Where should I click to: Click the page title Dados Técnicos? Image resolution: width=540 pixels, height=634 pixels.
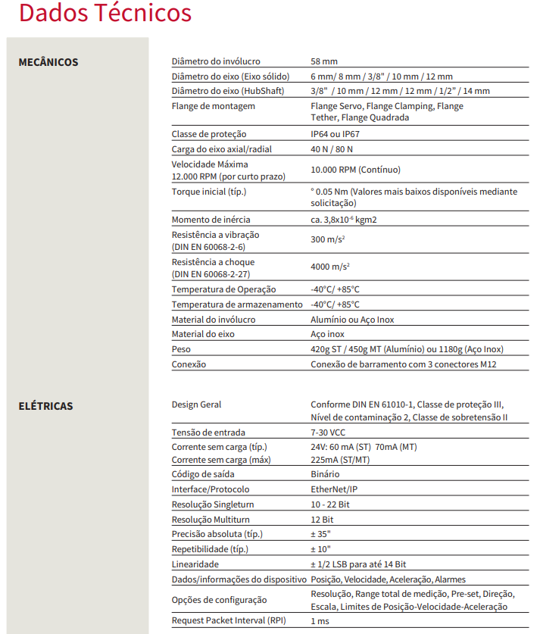(x=105, y=14)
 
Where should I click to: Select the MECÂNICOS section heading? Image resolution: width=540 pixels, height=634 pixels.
(x=48, y=62)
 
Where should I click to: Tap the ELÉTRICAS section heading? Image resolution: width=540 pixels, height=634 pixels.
(x=46, y=406)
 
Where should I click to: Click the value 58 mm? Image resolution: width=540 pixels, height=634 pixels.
(x=324, y=61)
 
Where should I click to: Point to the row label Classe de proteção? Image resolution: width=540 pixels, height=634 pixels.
(x=204, y=134)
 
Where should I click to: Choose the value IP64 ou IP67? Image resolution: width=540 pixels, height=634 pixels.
(x=336, y=134)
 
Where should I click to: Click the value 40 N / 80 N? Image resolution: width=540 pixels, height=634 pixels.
(x=332, y=148)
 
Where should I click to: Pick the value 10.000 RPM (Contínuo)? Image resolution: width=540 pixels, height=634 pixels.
(x=356, y=170)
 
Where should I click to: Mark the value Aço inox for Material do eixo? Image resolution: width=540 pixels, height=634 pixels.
(x=327, y=334)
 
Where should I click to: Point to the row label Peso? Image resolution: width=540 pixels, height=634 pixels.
(x=181, y=349)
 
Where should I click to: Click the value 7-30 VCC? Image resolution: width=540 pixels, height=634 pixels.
(x=328, y=433)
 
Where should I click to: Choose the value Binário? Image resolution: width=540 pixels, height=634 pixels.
(x=326, y=474)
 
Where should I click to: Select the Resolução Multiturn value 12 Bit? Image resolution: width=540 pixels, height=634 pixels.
(x=322, y=520)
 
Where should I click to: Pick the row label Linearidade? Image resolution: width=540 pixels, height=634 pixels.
(x=195, y=564)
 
